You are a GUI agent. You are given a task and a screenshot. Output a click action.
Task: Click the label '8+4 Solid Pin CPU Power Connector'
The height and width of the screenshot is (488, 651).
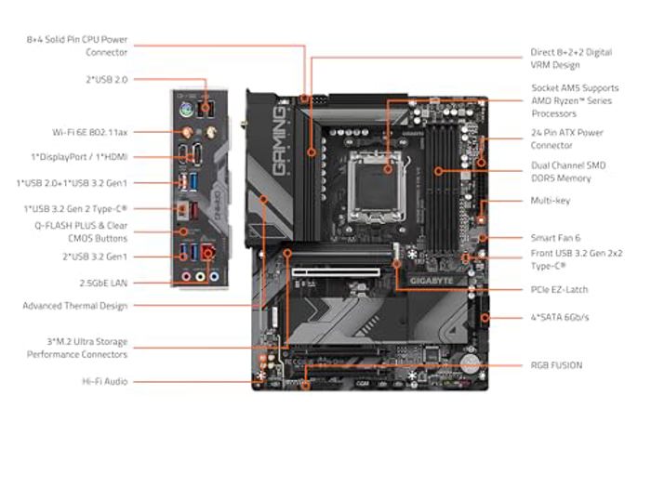coord(77,46)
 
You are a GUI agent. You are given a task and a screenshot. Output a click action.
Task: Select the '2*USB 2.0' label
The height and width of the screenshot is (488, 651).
coord(106,80)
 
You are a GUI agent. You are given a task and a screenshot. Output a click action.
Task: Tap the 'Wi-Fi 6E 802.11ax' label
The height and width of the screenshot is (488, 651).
coord(90,132)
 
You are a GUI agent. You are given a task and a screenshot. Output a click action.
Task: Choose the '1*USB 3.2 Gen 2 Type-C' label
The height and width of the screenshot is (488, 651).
coord(77,209)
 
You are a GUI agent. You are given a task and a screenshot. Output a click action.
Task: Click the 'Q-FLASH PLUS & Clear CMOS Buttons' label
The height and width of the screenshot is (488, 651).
coord(82,231)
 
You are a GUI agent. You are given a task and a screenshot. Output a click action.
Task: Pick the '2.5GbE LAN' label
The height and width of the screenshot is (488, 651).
coord(103,282)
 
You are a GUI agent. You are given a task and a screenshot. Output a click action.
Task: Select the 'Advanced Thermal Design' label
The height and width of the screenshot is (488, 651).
coord(75,306)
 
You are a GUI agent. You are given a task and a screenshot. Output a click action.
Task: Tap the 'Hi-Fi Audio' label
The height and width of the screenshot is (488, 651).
coord(104,381)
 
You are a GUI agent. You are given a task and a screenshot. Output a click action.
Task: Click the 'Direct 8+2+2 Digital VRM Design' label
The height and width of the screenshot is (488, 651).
coord(569,59)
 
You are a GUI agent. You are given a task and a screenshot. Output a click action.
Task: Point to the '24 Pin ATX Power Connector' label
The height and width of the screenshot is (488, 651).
coord(566,138)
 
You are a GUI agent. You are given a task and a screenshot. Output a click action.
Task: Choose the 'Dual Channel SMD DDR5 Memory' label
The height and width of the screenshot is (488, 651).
coord(567,171)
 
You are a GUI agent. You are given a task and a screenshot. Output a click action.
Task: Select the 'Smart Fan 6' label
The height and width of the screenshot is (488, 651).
coord(555,238)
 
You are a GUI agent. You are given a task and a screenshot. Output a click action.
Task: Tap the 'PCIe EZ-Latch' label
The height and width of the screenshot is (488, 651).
coord(559,290)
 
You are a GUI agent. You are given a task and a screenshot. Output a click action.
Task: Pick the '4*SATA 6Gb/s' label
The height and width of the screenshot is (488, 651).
coord(559,318)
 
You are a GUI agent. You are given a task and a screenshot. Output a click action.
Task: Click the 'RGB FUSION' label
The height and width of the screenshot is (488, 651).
coord(556,365)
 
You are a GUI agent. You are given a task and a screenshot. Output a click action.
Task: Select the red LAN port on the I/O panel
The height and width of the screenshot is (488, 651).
coord(209,252)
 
